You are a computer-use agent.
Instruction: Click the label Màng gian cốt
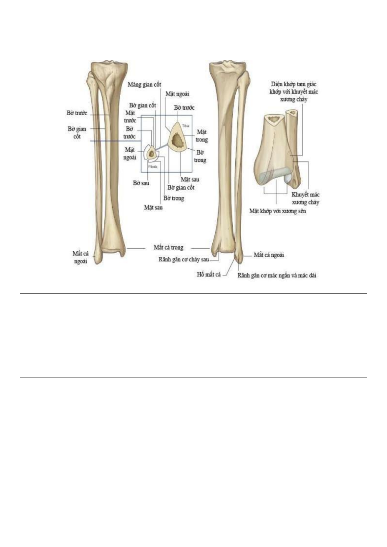pos(144,85)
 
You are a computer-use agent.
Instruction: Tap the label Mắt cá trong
pos(169,248)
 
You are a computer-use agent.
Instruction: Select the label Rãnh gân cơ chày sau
pos(184,260)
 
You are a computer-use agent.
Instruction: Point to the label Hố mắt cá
pos(209,275)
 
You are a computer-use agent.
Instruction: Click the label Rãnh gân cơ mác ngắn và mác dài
pos(277,276)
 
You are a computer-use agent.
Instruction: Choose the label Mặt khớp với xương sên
pos(278,211)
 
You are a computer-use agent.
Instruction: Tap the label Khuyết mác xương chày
pos(306,198)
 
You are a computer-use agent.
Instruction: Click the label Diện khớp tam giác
pos(294,84)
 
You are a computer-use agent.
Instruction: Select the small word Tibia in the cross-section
pos(186,126)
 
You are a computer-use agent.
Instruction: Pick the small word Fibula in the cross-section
pos(153,167)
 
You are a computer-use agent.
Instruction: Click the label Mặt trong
pos(202,136)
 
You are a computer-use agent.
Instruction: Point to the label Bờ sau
pos(141,183)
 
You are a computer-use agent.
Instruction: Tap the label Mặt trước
pos(130,117)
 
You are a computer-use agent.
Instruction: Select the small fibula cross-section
pos(151,153)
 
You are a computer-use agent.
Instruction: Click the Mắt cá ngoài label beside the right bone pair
pos(269,255)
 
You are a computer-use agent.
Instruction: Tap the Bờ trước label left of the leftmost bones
pos(77,113)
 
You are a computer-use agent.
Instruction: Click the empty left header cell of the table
pos(108,288)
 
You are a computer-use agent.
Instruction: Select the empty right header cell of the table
pos(281,288)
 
